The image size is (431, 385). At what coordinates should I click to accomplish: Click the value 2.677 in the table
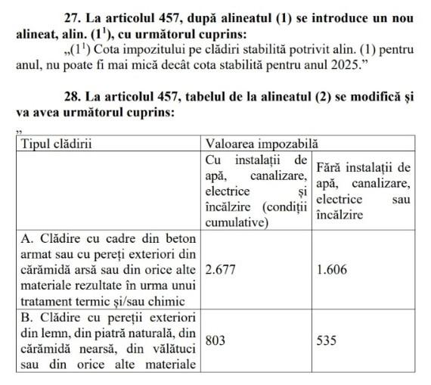[x=220, y=270]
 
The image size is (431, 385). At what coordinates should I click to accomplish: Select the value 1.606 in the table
[x=332, y=270]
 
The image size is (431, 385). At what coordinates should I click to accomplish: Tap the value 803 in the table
[x=215, y=341]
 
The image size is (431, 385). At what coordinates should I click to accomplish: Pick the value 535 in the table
[x=327, y=341]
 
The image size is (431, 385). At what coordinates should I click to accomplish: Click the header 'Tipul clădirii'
[x=60, y=142]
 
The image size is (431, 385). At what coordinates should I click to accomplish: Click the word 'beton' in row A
[x=181, y=238]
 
